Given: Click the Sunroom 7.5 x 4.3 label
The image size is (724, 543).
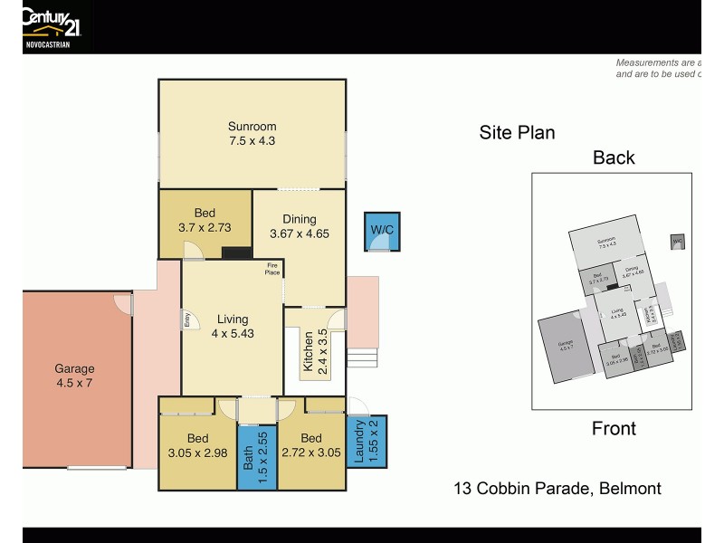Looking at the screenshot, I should (x=252, y=134).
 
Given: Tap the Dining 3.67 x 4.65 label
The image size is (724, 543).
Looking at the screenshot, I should (x=299, y=226).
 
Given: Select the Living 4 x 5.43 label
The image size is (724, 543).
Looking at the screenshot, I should (x=232, y=326).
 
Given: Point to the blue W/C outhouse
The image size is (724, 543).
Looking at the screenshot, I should (x=381, y=231).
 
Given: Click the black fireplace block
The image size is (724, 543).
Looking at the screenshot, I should (x=237, y=254).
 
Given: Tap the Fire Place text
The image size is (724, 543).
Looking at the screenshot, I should (x=271, y=267).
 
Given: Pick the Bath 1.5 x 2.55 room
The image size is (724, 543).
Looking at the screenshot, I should (x=257, y=457).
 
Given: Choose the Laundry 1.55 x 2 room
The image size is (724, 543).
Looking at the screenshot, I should (x=367, y=442).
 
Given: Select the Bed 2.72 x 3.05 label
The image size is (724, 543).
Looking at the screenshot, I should (x=310, y=445).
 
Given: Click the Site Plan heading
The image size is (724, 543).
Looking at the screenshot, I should (x=517, y=133).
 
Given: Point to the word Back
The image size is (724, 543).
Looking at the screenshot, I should (x=614, y=157).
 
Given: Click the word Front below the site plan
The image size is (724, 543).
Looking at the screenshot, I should (x=614, y=429).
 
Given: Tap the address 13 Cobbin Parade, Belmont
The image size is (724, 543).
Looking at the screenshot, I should (x=557, y=489).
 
